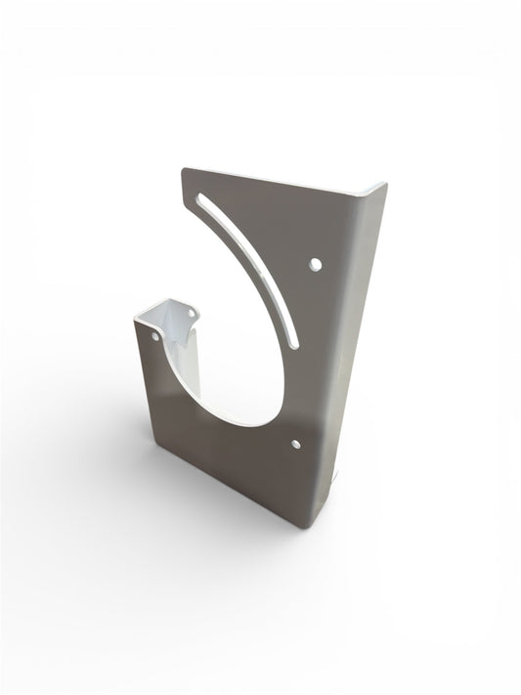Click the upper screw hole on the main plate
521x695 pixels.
click(x=315, y=264)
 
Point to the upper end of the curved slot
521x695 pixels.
click(x=202, y=199)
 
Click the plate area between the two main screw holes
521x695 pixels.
click(x=311, y=357)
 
